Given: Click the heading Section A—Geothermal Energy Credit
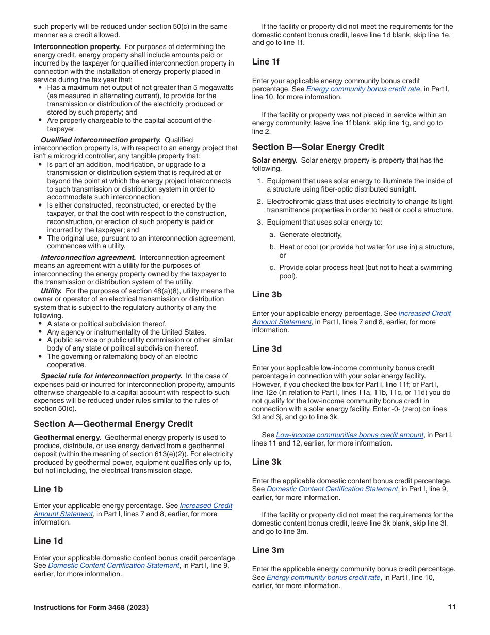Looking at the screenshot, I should pos(113,424).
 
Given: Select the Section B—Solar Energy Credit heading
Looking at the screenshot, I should pos(318,147).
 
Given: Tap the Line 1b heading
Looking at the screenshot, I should pos(48,489).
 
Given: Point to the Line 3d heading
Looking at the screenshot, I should pos(267,348).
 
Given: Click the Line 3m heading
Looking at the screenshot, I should pos(268,550).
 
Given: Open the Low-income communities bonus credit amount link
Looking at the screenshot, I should pos(350,435).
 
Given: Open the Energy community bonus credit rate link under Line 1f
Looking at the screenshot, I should pos(363,89).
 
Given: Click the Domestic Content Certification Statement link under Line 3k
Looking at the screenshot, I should pos(332,489).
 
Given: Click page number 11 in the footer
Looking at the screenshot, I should pos(452,607).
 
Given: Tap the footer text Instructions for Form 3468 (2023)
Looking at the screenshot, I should pos(91,607).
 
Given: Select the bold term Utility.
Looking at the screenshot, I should pos(51,291).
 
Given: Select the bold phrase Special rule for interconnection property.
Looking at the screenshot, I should pos(111,376).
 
